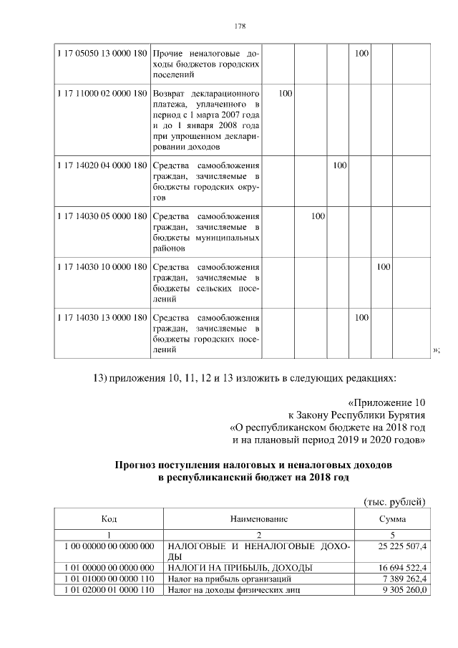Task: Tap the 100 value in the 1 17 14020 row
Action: click(x=339, y=165)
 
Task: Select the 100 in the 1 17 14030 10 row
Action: click(x=384, y=266)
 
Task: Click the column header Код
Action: click(x=109, y=518)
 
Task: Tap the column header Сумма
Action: click(x=393, y=518)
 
